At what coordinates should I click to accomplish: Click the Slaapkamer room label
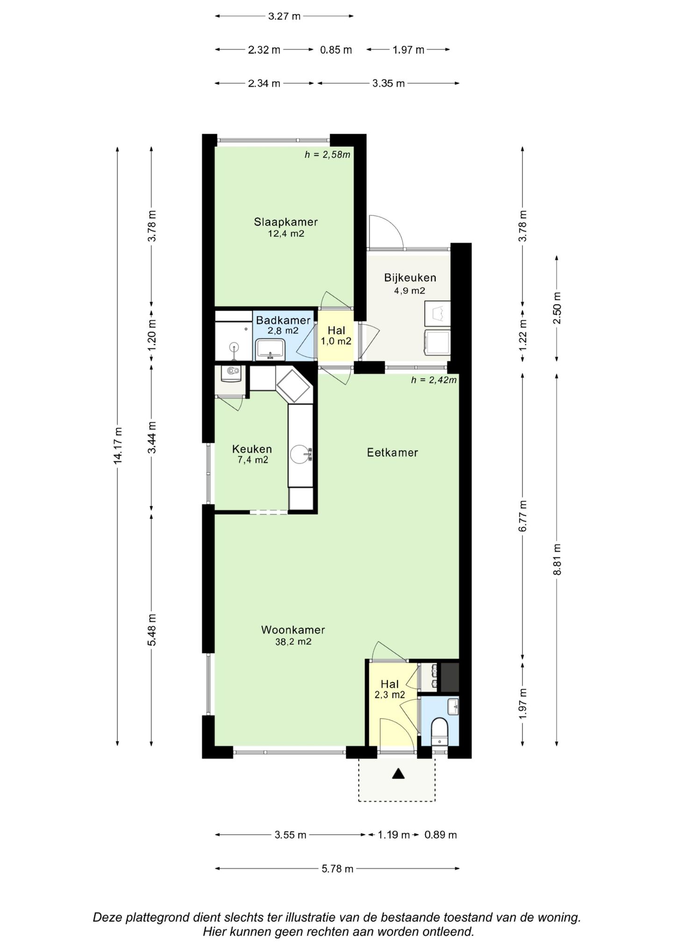pyautogui.click(x=286, y=222)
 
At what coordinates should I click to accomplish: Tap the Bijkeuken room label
pyautogui.click(x=410, y=278)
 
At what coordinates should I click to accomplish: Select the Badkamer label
pyautogui.click(x=283, y=320)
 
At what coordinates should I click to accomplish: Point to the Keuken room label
pyautogui.click(x=252, y=449)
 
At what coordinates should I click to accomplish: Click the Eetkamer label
pyautogui.click(x=392, y=453)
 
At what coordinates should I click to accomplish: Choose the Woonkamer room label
pyautogui.click(x=293, y=630)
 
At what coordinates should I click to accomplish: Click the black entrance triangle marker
pyautogui.click(x=398, y=774)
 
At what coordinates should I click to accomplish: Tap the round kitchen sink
pyautogui.click(x=300, y=454)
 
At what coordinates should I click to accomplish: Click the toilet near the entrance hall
pyautogui.click(x=439, y=732)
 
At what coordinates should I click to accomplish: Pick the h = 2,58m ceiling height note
pyautogui.click(x=328, y=155)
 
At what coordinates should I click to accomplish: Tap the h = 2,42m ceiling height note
pyautogui.click(x=434, y=380)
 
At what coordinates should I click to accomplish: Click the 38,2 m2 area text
pyautogui.click(x=293, y=642)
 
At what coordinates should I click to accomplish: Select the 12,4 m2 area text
pyautogui.click(x=286, y=234)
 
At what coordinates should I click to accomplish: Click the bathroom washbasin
pyautogui.click(x=270, y=349)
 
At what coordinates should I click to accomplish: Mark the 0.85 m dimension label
pyautogui.click(x=336, y=50)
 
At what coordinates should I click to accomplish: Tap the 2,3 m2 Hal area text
pyautogui.click(x=390, y=695)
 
